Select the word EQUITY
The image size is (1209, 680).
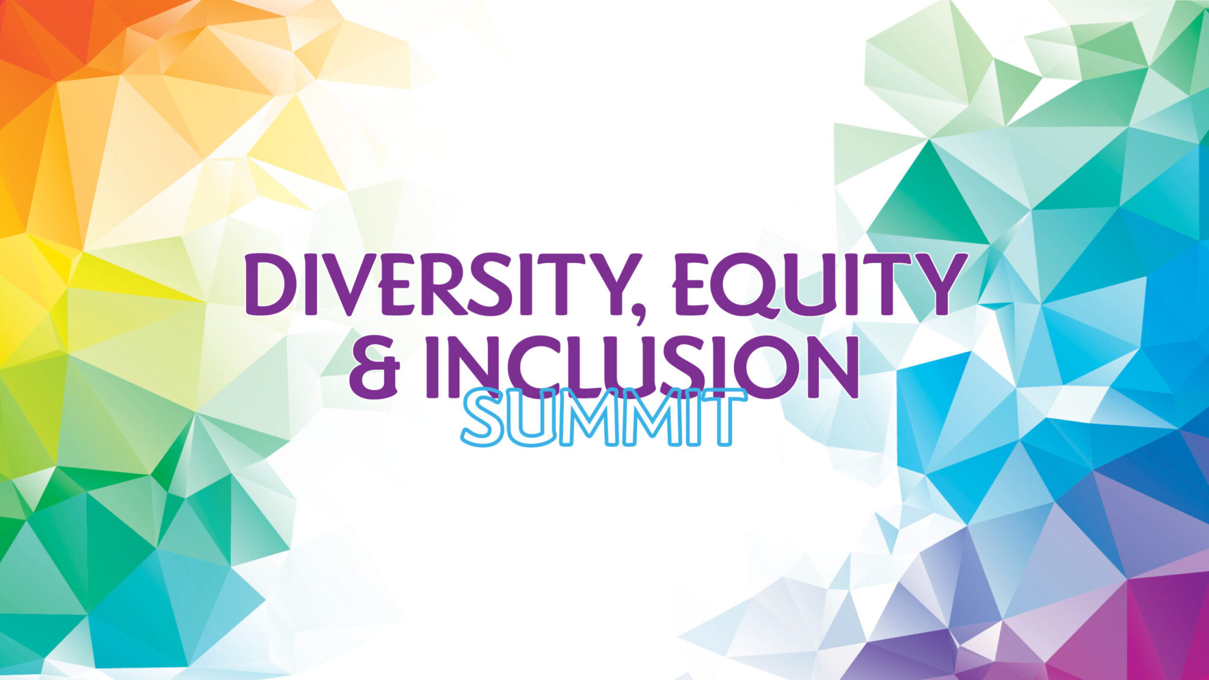(x=818, y=285)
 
